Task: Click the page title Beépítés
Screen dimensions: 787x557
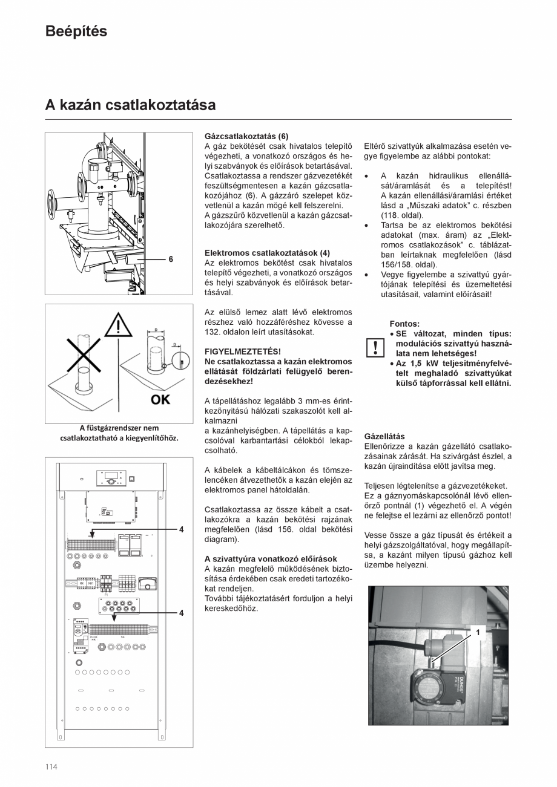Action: click(x=76, y=31)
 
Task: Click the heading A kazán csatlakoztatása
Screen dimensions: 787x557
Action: click(x=130, y=105)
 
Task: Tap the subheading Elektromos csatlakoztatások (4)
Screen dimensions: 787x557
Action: click(x=267, y=253)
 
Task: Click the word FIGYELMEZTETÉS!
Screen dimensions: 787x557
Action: click(x=242, y=351)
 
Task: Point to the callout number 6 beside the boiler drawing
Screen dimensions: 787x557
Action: click(x=171, y=259)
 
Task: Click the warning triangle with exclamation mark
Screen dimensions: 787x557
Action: click(x=118, y=327)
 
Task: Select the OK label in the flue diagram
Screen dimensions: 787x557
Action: click(x=160, y=399)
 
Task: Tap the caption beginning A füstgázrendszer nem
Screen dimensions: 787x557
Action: click(x=119, y=433)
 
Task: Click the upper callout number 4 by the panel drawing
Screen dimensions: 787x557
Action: click(x=181, y=529)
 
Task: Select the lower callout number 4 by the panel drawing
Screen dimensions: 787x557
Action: click(x=181, y=613)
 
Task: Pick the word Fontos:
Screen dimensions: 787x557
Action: click(x=404, y=324)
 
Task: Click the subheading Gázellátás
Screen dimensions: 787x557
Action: click(x=384, y=436)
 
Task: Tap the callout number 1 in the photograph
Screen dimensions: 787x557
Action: click(x=478, y=632)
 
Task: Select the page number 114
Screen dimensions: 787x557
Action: click(x=51, y=767)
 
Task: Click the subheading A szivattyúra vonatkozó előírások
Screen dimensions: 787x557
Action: click(x=271, y=558)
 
